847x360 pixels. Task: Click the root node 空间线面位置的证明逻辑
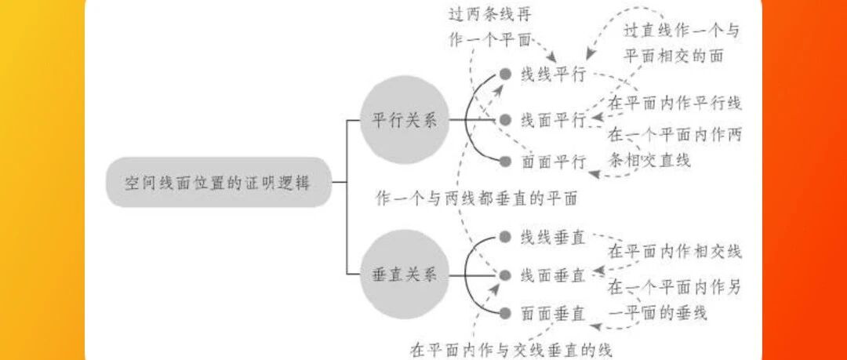[217, 184]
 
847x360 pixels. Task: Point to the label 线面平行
[554, 120]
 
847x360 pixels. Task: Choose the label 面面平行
[554, 162]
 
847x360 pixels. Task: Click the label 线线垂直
[554, 238]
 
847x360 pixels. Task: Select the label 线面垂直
[554, 275]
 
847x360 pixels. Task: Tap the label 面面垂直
[554, 314]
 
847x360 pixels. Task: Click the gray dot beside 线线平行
[506, 75]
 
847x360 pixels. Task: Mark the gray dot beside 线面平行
[506, 120]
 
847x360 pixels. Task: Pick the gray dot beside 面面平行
[506, 162]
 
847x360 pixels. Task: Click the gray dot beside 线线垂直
[506, 238]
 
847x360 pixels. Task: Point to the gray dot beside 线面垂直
[506, 275]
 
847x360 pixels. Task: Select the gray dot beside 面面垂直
[506, 314]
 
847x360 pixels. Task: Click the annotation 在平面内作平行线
[675, 103]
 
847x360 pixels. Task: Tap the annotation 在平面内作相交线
[675, 252]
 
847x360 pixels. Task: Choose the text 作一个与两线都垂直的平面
[477, 198]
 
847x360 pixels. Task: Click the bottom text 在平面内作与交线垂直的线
[511, 347]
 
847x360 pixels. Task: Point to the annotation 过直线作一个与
[682, 32]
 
